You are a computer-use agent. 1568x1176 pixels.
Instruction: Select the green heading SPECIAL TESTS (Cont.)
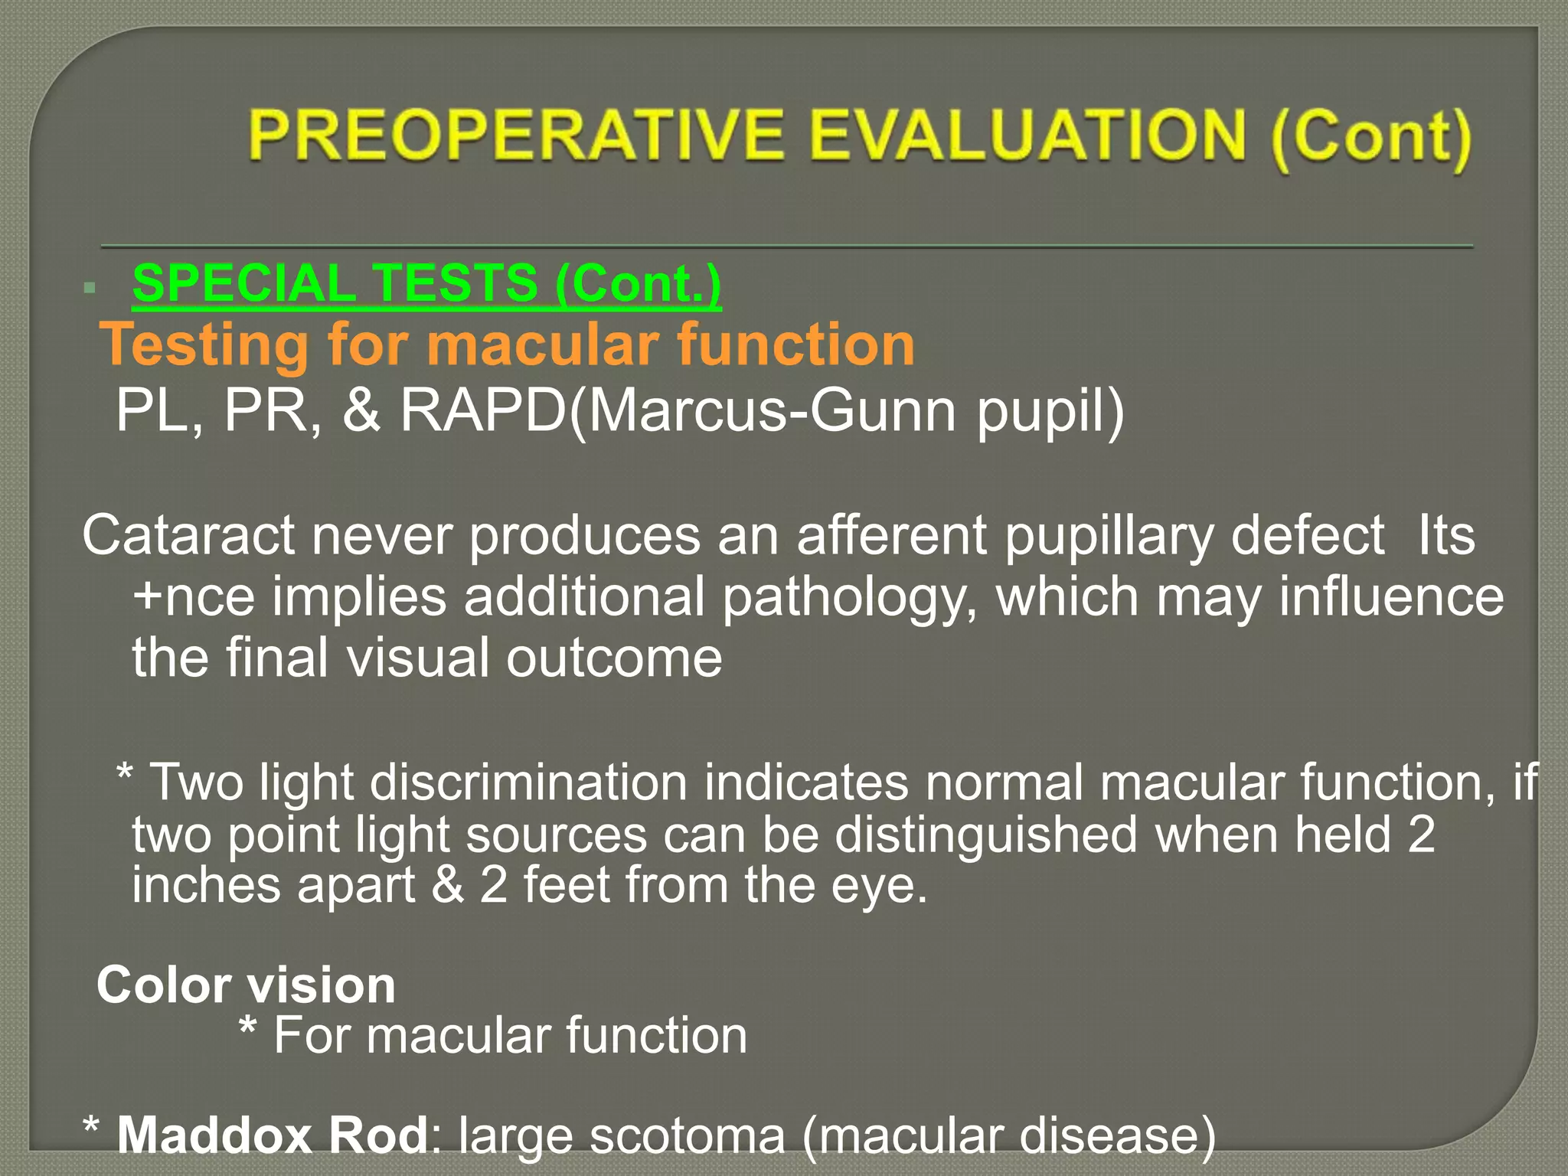pyautogui.click(x=426, y=283)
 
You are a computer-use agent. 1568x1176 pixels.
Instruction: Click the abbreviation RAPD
pyautogui.click(x=483, y=411)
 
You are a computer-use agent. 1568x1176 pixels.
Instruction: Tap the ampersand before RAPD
pyautogui.click(x=361, y=411)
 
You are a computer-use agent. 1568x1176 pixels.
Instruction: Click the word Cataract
pyautogui.click(x=188, y=535)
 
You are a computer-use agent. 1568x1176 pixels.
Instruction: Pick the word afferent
pyautogui.click(x=891, y=535)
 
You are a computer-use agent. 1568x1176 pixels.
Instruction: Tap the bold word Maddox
pyautogui.click(x=213, y=1135)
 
